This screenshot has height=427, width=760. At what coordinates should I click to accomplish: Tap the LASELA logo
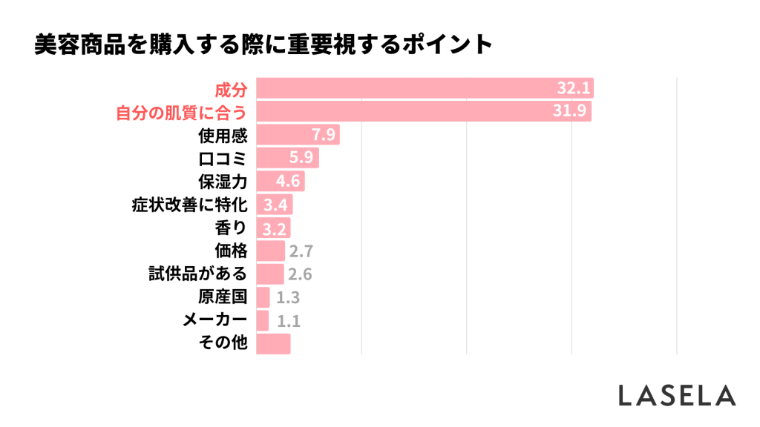pos(677,395)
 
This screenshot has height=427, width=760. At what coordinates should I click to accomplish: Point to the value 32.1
pos(574,90)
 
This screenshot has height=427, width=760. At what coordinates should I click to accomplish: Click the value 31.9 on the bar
pos(573,113)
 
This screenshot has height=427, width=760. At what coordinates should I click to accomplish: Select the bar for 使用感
pos(297,136)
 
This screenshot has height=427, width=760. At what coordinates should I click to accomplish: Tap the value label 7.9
pos(325,136)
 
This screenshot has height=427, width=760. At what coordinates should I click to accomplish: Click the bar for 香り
pos(272,228)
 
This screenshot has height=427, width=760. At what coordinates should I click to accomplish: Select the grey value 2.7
pos(301,251)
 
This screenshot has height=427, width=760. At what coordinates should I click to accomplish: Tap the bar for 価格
pos(270,251)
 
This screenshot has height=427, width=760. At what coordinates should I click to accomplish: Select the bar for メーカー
pos(262,320)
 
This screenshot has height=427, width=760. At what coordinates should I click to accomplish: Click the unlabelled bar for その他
pos(273,343)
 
